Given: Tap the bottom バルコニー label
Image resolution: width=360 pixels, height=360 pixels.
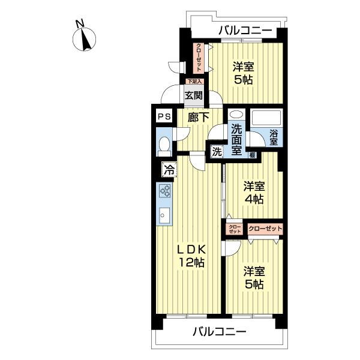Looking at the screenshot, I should [219, 331].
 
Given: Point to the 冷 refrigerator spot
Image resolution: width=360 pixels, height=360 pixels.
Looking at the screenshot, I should [169, 170].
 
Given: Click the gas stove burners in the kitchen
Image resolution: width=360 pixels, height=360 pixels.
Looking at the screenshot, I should [166, 191].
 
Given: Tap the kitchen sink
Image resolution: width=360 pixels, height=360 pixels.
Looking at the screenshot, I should [164, 214].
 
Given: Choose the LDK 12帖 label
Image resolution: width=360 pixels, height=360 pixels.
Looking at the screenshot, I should [191, 255].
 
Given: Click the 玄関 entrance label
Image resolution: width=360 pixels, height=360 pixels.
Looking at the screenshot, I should [193, 95].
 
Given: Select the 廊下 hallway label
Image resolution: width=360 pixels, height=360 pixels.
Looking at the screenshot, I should [198, 118].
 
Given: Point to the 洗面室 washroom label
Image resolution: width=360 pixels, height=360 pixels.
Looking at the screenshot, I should [237, 139].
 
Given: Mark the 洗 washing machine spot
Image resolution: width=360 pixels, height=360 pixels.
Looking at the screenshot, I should [216, 152].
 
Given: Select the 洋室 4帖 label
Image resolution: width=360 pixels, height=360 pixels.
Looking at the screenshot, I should [253, 193].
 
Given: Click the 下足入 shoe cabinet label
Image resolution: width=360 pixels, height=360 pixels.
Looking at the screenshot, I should [193, 82].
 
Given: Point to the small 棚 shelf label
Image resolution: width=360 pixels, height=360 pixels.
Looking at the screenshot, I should [253, 155].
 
